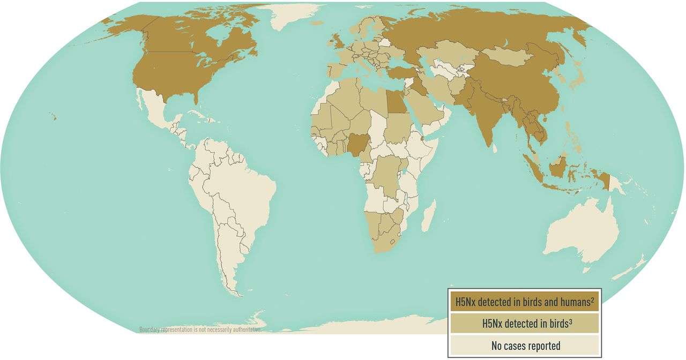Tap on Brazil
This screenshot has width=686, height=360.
point(241,187)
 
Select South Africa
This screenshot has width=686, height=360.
point(383,238)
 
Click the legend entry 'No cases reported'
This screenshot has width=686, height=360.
point(525,346)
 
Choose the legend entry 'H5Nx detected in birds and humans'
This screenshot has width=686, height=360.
point(522,302)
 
